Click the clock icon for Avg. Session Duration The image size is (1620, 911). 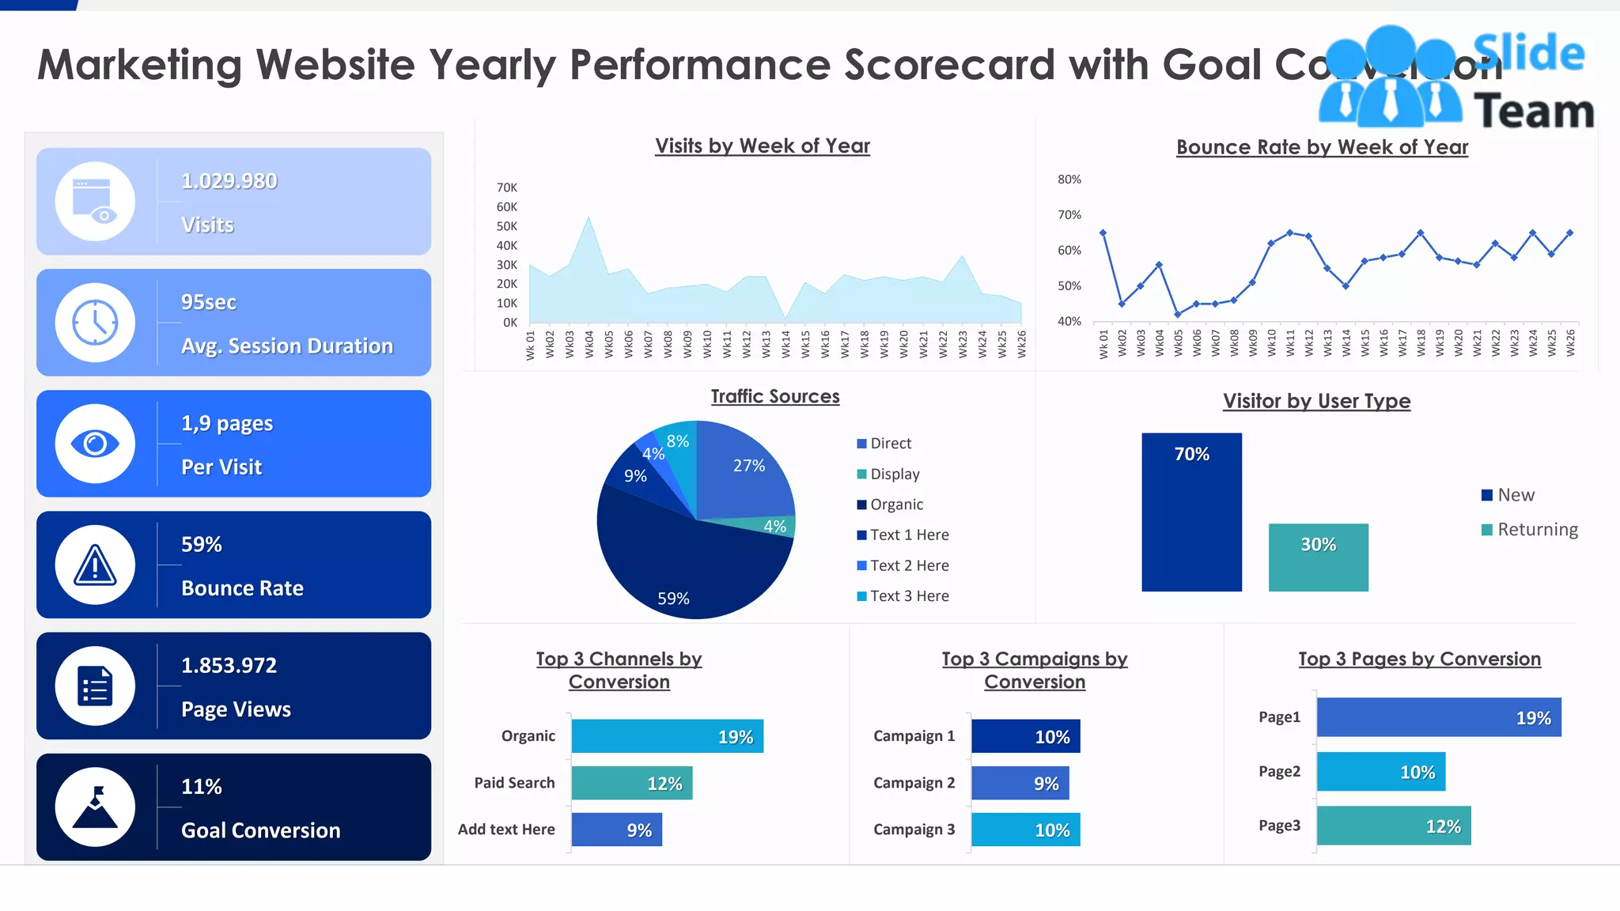click(x=95, y=323)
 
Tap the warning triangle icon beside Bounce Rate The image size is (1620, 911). click(x=95, y=565)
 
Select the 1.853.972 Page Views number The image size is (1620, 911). click(x=229, y=665)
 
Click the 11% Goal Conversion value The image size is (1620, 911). click(x=201, y=786)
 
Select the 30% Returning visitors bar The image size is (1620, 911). click(x=1318, y=558)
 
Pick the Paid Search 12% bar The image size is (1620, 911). click(x=631, y=783)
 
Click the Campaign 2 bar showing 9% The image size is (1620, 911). click(x=1020, y=783)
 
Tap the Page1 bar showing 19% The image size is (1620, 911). click(x=1438, y=717)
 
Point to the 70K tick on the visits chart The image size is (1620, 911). click(x=506, y=187)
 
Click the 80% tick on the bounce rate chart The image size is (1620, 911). click(x=1069, y=180)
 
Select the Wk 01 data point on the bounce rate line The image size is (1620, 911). click(x=1103, y=233)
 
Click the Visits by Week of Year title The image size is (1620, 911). click(x=762, y=146)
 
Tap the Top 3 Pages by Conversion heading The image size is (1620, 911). click(x=1419, y=659)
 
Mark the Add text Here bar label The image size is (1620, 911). click(x=506, y=830)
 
